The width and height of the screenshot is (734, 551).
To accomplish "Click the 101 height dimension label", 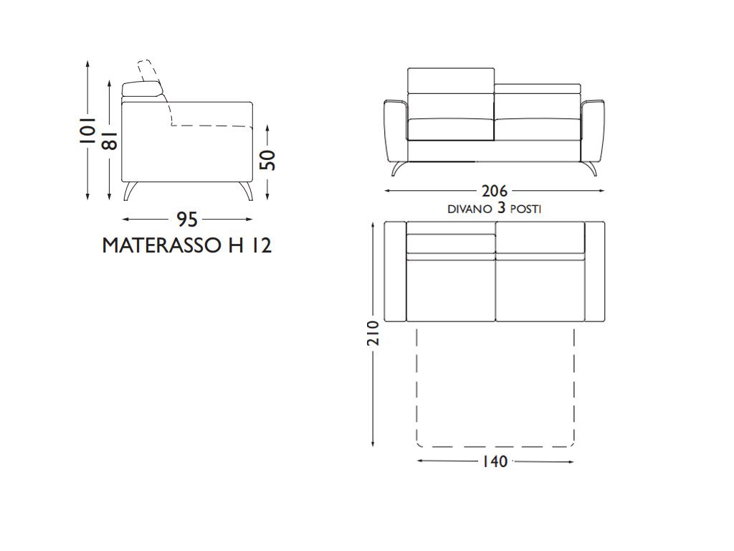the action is [x=87, y=130].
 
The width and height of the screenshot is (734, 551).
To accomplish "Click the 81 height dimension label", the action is [x=109, y=140].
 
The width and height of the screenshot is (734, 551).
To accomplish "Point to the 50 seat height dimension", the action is [x=268, y=160].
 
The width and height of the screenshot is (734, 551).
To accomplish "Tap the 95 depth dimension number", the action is [x=187, y=220].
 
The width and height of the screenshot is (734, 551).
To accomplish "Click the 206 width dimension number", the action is [x=495, y=191].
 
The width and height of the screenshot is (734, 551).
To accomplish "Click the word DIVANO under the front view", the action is [x=470, y=209].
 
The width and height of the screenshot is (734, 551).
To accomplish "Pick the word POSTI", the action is [x=525, y=209].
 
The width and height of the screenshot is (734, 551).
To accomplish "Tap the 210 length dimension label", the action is [x=373, y=333].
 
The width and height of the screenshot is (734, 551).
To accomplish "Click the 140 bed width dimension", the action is [x=495, y=461].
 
